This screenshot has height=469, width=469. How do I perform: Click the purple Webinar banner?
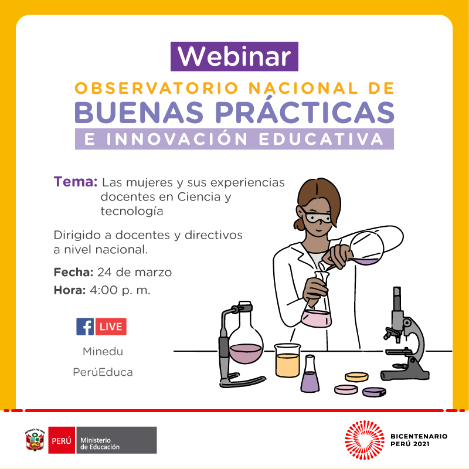coord(234,56)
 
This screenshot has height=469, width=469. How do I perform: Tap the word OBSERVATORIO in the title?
coord(157,89)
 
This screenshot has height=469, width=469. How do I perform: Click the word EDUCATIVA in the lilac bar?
coord(321,139)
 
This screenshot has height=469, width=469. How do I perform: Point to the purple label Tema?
coord(76,182)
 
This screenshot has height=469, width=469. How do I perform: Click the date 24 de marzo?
coord(135,272)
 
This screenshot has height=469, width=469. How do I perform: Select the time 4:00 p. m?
coord(120,290)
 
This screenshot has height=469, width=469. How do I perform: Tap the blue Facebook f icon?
coord(85,327)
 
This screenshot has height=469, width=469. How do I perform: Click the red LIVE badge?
coord(111,327)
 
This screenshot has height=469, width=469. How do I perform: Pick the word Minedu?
coord(103,351)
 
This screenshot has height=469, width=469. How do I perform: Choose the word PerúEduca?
coord(103,372)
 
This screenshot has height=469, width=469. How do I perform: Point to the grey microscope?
coord(405,335)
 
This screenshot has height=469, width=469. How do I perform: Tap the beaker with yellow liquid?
coord(287,361)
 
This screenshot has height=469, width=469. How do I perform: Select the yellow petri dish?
coord(356,377)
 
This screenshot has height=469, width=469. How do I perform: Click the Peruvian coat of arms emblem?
coord(35,440)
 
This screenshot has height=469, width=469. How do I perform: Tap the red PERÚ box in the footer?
coord(62,440)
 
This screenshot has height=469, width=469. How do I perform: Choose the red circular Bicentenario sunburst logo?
coord(364,440)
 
